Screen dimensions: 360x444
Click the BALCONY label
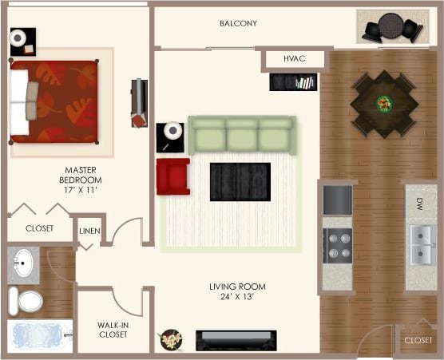point(238,23)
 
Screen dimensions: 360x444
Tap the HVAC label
point(295,59)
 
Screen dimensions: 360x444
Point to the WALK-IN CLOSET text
point(113,330)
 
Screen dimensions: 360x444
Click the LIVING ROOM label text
point(237,292)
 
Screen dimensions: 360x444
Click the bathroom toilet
point(27,300)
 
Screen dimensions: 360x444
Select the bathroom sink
point(24,263)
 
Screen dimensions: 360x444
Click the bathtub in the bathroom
point(38,334)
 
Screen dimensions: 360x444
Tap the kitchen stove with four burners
point(337,245)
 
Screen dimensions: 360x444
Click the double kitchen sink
point(421,245)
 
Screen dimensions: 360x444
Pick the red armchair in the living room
point(172,176)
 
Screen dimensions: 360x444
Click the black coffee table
point(240,182)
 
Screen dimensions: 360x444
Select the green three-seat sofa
point(241,134)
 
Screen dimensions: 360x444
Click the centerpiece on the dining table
point(385,103)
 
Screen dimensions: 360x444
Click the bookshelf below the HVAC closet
point(293,81)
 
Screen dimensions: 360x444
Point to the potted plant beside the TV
point(171,339)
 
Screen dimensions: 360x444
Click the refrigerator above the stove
point(337,200)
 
